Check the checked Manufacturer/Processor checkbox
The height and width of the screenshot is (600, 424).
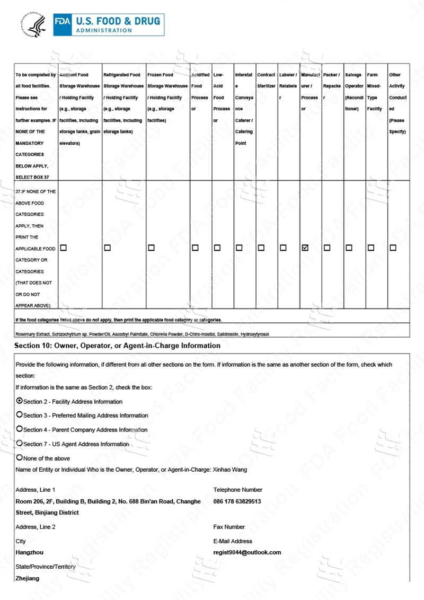[x=305, y=248]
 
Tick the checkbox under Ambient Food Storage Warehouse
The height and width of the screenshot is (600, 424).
[x=64, y=248]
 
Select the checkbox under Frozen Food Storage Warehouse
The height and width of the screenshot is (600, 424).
[x=151, y=248]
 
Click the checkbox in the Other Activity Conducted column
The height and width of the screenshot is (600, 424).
[x=393, y=248]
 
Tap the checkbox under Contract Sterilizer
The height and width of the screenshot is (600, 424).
[x=261, y=248]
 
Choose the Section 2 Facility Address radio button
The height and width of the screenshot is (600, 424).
[x=20, y=401]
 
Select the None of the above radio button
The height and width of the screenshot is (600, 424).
[x=20, y=457]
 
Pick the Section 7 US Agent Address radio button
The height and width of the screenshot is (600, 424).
[x=20, y=443]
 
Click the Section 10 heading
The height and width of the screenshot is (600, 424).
[x=118, y=346]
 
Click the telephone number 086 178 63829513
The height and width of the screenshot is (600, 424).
[x=237, y=501]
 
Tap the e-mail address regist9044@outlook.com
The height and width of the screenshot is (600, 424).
[x=247, y=552]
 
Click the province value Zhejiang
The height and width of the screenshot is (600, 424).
[x=28, y=578]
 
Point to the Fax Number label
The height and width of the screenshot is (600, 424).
[x=229, y=527]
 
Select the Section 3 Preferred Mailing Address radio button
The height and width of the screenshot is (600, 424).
[x=20, y=415]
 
